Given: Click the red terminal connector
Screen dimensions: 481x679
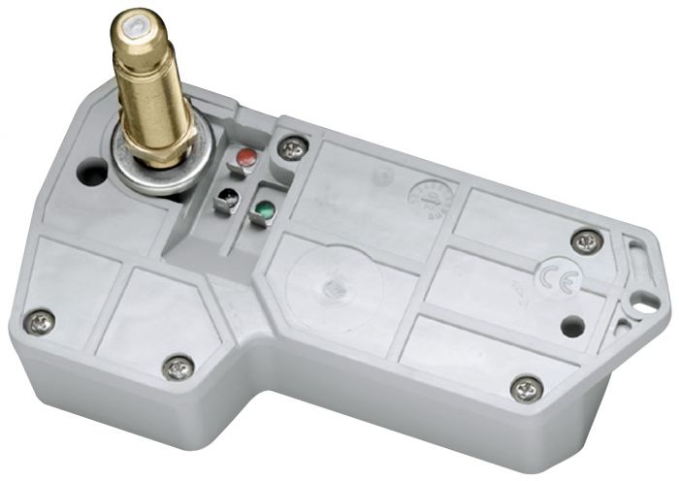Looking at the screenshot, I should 246,157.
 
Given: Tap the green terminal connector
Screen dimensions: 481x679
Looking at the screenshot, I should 262,208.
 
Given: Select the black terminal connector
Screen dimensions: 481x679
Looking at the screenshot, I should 227,200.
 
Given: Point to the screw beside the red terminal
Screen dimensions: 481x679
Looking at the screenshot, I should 292,148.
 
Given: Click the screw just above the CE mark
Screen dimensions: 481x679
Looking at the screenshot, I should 586,240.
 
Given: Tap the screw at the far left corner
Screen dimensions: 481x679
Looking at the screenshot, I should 40,321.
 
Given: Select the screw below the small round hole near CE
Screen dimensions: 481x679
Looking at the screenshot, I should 526,388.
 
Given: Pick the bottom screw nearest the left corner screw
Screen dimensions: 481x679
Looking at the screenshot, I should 178,367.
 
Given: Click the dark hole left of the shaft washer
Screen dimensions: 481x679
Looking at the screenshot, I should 92,175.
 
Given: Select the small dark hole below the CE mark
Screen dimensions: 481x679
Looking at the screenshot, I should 572,327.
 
